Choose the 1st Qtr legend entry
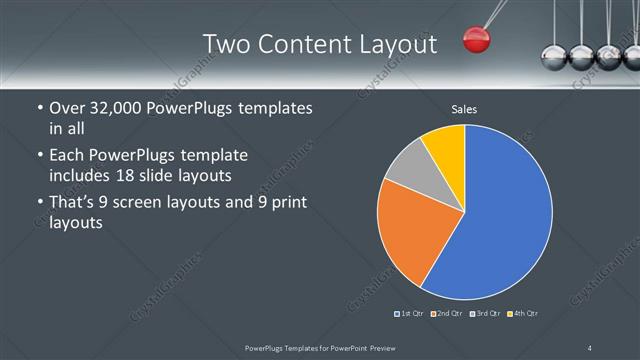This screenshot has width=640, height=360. [x=409, y=314]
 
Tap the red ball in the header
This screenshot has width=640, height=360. [x=476, y=40]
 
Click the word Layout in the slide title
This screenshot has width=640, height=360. [x=399, y=44]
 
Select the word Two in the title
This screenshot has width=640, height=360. [x=226, y=44]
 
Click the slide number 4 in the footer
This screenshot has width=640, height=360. [x=590, y=347]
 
